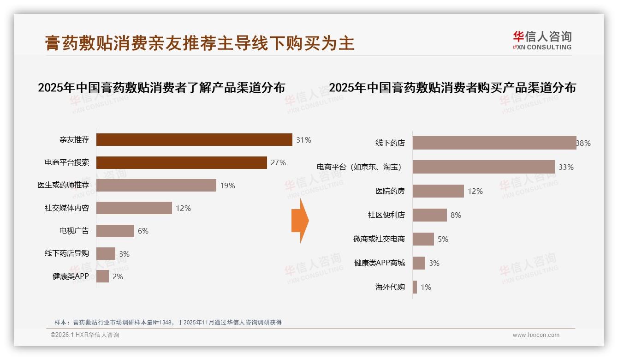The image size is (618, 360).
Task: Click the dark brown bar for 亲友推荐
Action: click(194, 140)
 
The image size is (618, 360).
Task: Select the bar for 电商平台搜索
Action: click(182, 162)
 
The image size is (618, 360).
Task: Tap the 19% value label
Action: click(228, 186)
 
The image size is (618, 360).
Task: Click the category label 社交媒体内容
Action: click(67, 208)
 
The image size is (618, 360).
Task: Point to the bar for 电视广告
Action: click(115, 231)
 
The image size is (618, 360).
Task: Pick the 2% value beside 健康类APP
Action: click(118, 277)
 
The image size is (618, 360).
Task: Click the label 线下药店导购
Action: click(67, 253)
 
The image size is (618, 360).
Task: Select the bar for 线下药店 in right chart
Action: click(494, 143)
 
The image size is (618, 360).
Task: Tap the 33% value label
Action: click(566, 167)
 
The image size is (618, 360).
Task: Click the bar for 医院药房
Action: click(438, 191)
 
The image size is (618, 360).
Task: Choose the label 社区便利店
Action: click(386, 215)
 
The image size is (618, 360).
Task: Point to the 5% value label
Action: click(443, 239)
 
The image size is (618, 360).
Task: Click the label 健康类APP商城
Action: click(379, 263)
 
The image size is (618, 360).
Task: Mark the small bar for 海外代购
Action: click(415, 287)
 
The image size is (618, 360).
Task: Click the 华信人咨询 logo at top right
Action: click(542, 40)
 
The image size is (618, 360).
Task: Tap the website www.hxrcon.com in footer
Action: click(536, 335)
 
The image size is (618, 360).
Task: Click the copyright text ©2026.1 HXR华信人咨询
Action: click(85, 335)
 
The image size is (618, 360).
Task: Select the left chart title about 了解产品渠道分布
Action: click(161, 88)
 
